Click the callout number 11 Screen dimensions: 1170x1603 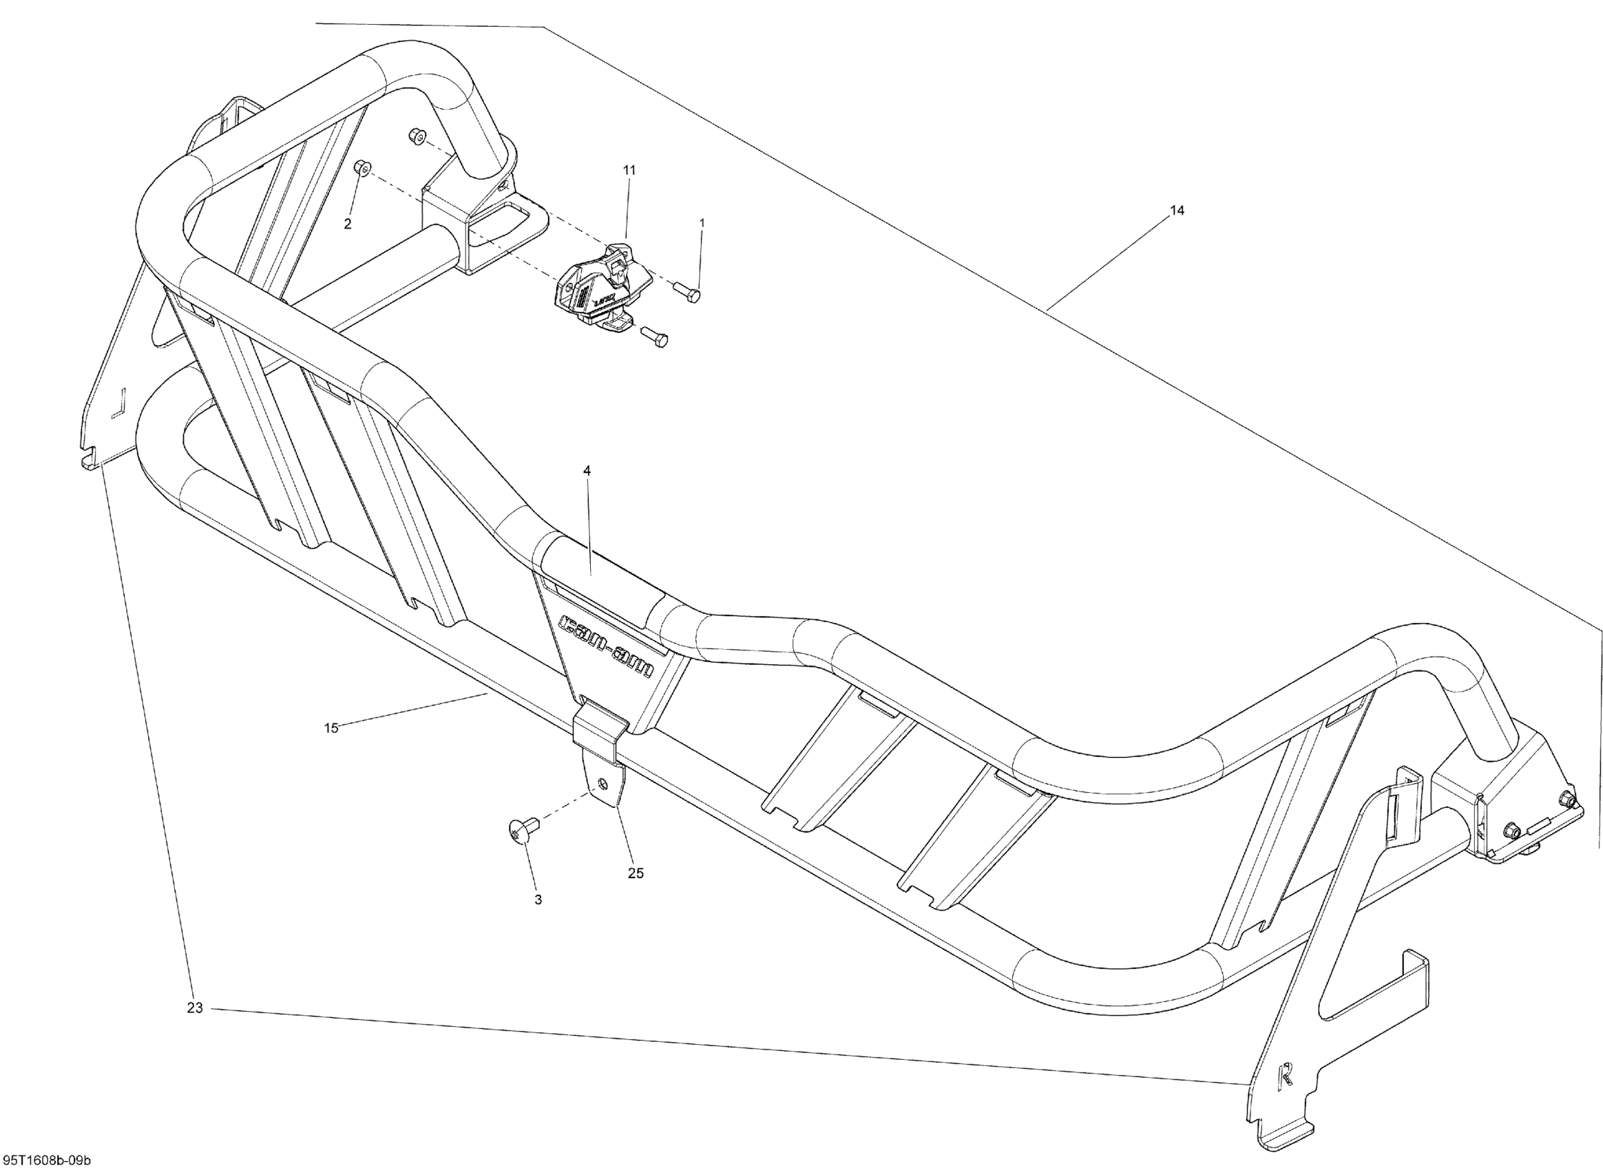coord(629,170)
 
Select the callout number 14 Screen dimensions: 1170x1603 coord(1177,211)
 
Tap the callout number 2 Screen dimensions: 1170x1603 coord(347,224)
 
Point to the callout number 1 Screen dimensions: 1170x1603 coord(702,222)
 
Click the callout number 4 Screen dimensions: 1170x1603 coord(587,470)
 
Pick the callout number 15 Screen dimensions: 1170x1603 coord(331,727)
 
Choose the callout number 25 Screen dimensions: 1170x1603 coord(636,873)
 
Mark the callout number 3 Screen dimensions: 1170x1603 coord(538,900)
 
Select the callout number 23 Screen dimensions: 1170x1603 coord(195,1007)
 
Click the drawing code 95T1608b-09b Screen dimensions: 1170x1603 coord(46,1160)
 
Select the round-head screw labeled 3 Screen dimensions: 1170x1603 coord(521,830)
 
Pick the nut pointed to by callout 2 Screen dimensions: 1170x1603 coord(362,167)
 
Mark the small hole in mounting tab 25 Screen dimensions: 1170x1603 coord(603,783)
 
